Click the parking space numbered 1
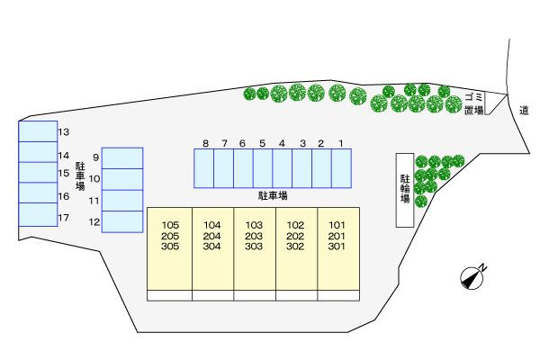coord(341,168)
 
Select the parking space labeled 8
coord(204,168)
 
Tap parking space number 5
coord(263,168)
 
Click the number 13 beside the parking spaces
coord(64,132)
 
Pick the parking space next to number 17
coord(38,214)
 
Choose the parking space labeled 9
coord(122,158)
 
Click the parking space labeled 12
coord(122,221)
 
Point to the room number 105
coord(170,225)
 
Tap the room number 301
coord(337,247)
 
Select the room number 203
coord(254,236)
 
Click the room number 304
coord(211,247)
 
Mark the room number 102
coord(295,225)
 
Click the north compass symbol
coord(472,278)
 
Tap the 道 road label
coord(524,111)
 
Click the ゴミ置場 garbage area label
coord(474,103)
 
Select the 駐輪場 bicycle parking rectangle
coord(405,190)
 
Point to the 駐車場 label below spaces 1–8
coord(273,196)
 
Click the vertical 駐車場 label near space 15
coord(80,176)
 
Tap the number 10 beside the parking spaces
coord(94,179)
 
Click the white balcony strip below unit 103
coord(255,295)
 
